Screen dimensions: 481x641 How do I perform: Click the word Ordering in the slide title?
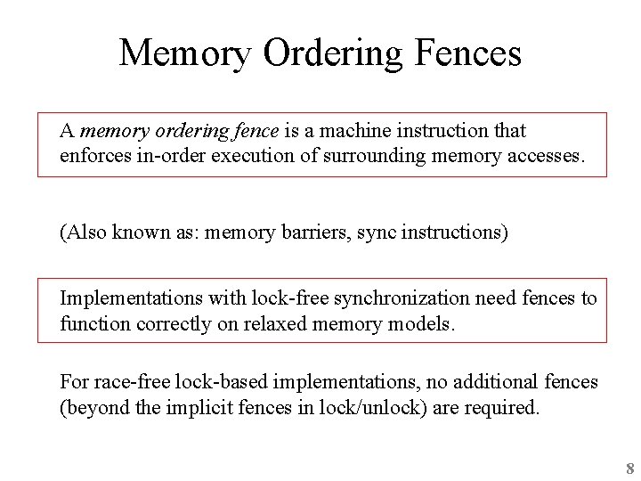333,53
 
